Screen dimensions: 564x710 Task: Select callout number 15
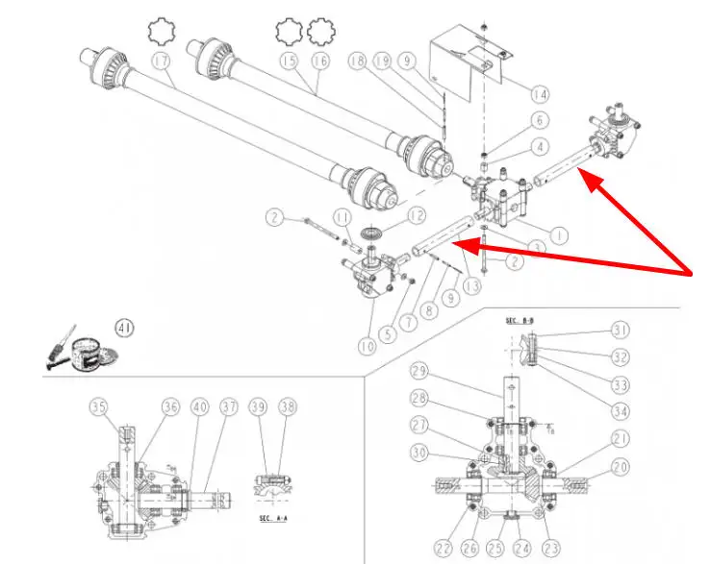click(x=288, y=61)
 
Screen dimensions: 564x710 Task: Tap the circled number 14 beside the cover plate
click(x=540, y=93)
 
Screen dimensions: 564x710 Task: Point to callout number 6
click(x=539, y=120)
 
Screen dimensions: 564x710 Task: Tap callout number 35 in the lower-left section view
click(x=99, y=407)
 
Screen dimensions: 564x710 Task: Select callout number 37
click(x=228, y=407)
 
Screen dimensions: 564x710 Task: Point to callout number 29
click(x=418, y=371)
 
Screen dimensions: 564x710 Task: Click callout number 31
click(x=620, y=331)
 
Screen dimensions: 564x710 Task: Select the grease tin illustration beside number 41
click(x=89, y=351)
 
